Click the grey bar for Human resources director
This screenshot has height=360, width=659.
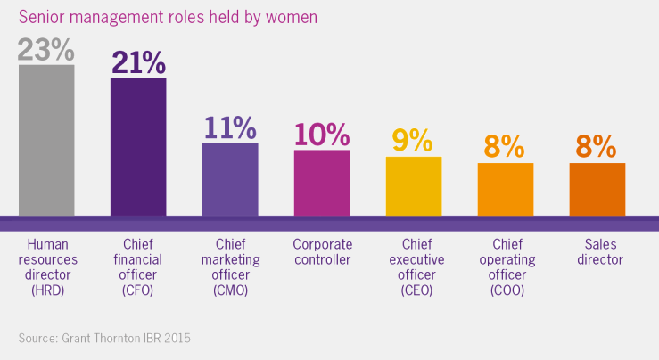pos(46,140)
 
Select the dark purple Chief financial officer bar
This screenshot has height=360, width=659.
pos(138,147)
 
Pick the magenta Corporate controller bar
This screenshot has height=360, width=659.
pos(322,183)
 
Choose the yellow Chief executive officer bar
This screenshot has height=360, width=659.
pos(414,186)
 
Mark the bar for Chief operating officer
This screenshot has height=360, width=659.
pos(506,190)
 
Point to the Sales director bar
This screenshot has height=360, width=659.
pos(597,190)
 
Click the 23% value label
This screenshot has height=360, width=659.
pos(46,48)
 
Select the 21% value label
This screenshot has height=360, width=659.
pos(138,62)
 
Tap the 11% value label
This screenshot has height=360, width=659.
pos(230,127)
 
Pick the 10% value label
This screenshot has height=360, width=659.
pos(322,134)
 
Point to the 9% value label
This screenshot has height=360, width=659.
pos(414,140)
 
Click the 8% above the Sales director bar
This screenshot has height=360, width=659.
pos(597,146)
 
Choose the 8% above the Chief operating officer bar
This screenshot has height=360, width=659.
pos(506,146)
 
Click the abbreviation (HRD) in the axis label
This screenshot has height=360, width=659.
pos(46,291)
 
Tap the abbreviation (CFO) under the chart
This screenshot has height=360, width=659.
pos(138,291)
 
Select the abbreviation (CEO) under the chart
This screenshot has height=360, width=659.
pos(414,291)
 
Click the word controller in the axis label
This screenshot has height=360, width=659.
pos(322,260)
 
